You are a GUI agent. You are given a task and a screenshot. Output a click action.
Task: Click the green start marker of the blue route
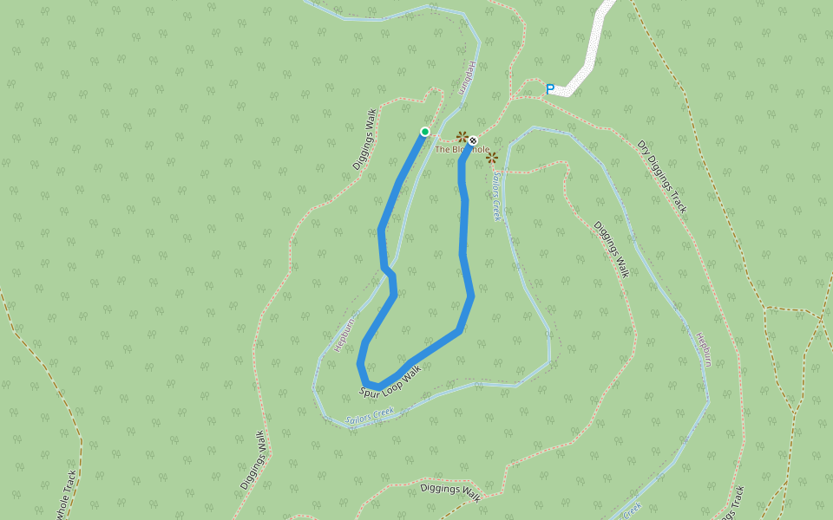[425, 132]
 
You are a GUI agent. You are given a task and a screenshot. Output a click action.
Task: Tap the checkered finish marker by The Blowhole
[474, 140]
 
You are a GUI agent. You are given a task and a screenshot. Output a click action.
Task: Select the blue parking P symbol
[550, 88]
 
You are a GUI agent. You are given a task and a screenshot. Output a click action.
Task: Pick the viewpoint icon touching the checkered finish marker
[463, 137]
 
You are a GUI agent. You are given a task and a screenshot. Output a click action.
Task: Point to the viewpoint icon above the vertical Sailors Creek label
[492, 157]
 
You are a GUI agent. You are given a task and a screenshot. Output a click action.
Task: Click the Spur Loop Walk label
[390, 381]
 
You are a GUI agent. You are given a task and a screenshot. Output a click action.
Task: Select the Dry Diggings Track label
[662, 177]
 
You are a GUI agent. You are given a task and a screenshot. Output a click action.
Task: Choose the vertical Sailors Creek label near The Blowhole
[497, 195]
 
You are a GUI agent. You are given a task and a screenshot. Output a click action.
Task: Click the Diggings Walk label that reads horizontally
[449, 491]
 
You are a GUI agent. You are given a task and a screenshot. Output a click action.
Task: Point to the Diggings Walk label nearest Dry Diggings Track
[610, 249]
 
